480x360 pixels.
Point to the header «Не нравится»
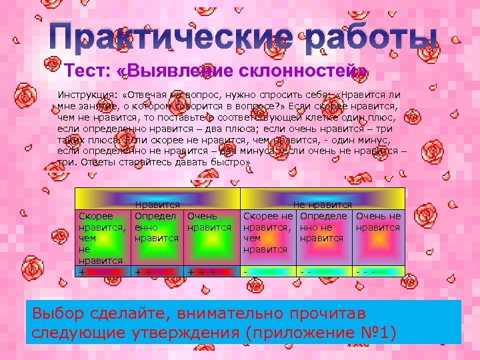click(323, 205)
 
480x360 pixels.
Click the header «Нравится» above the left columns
click(157, 205)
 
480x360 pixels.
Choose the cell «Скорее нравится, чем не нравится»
click(103, 239)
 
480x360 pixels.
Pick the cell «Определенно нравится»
click(157, 227)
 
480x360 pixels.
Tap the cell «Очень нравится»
click(211, 221)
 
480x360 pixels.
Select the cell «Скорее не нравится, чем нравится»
click(269, 233)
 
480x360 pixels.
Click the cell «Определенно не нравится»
click(323, 227)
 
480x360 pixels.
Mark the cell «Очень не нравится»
click(378, 221)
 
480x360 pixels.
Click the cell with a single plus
click(103, 272)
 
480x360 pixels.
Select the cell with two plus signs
click(157, 272)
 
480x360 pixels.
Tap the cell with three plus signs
click(211, 272)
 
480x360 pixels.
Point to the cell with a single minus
click(269, 272)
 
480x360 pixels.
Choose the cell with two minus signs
click(323, 272)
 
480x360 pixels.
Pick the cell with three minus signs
click(378, 272)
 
